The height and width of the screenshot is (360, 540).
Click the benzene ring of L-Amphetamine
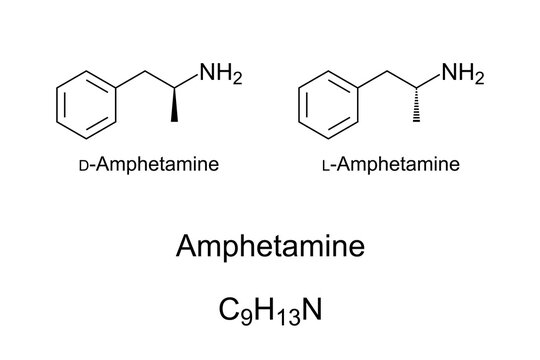[326, 102]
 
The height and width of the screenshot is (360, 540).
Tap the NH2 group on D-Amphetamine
[220, 73]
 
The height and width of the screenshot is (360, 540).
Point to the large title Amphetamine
[270, 245]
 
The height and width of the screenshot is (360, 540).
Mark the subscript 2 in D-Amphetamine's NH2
[237, 79]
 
